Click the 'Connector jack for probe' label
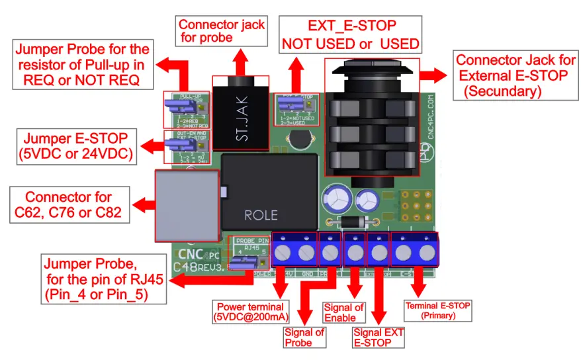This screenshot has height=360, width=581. click(x=220, y=31)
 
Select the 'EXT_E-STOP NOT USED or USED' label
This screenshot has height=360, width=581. click(x=351, y=35)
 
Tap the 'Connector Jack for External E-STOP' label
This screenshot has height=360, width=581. click(x=512, y=75)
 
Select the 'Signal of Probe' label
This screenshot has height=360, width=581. click(x=303, y=337)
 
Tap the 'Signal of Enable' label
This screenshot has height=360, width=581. click(x=343, y=312)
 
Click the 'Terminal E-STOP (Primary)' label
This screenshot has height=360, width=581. click(x=438, y=310)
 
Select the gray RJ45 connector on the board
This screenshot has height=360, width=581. click(x=186, y=204)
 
